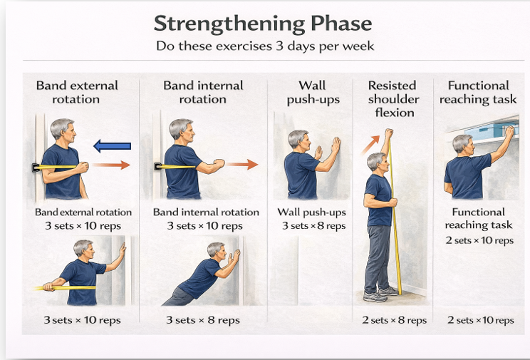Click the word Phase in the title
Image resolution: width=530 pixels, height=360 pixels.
(341, 24)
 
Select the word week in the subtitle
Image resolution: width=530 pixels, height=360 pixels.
(358, 46)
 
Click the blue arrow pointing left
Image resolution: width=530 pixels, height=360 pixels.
(113, 146)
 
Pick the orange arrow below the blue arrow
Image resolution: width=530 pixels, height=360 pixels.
(112, 165)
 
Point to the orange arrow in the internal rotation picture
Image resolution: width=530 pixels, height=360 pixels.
(242, 165)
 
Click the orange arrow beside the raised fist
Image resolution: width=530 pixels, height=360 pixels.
(371, 145)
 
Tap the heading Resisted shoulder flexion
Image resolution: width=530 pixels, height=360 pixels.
(393, 99)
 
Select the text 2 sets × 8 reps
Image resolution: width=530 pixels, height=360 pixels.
(394, 320)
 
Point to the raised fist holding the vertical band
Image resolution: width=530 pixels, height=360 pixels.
(389, 134)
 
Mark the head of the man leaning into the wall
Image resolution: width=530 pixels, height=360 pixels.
(217, 250)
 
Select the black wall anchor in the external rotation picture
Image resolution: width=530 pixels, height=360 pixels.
(36, 167)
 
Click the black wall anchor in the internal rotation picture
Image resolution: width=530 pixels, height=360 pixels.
(158, 166)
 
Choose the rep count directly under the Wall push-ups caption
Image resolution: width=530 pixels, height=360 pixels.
(314, 226)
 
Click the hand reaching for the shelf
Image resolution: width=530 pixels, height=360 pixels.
(509, 132)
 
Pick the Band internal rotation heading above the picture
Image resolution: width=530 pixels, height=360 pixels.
(203, 92)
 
